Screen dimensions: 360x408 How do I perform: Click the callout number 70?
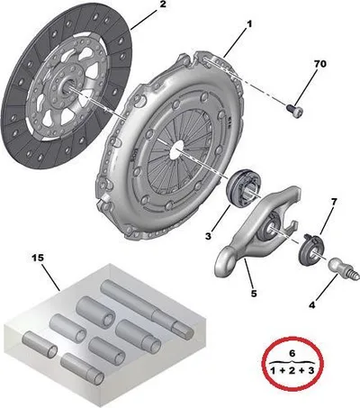click(320, 64)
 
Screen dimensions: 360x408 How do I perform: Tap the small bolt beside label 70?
click(294, 110)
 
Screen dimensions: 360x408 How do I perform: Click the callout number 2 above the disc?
click(162, 4)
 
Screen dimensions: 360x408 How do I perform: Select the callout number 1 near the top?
click(249, 24)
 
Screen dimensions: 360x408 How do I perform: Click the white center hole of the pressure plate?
click(176, 150)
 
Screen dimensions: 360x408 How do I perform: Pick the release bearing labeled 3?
click(244, 188)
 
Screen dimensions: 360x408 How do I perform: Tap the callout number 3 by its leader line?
click(208, 236)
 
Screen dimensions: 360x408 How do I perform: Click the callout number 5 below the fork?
click(254, 294)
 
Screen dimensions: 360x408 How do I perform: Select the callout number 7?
click(334, 202)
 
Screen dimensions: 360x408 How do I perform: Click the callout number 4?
click(312, 305)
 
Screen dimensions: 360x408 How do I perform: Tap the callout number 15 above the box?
click(38, 258)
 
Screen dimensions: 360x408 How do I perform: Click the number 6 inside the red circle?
click(292, 353)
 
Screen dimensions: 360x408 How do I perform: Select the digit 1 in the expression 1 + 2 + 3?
click(273, 370)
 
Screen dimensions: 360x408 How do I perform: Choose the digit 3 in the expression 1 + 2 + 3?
click(310, 370)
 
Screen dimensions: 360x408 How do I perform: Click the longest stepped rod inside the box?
click(147, 309)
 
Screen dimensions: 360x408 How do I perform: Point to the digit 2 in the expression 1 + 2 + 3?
click(292, 370)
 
